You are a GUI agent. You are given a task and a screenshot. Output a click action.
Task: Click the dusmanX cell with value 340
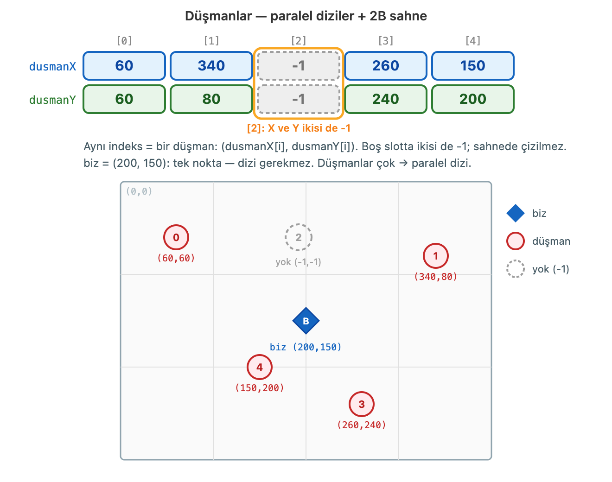tap(211, 66)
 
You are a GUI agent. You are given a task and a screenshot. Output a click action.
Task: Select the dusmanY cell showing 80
tap(211, 99)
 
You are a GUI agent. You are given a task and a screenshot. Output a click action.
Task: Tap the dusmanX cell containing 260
tap(386, 66)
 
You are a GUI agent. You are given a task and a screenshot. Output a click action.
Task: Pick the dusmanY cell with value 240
tap(386, 99)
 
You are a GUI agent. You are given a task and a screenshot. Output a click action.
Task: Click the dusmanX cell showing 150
tap(472, 66)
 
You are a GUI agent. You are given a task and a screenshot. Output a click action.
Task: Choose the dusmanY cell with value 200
tap(472, 99)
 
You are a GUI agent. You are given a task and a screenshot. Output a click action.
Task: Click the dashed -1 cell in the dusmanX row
tap(299, 66)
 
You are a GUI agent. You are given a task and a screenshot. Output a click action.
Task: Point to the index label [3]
tap(386, 41)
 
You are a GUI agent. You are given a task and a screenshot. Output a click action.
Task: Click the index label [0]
tap(124, 41)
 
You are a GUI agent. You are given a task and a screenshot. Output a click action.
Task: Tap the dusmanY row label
tap(52, 100)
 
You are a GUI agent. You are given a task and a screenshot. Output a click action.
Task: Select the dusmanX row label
tap(52, 67)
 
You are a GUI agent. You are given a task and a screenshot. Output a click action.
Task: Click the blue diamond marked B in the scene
tap(306, 321)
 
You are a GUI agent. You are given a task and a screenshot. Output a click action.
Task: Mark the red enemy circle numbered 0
tap(176, 237)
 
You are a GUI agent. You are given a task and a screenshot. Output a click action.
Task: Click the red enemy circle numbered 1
tap(436, 256)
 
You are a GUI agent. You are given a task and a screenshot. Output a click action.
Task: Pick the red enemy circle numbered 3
tap(362, 404)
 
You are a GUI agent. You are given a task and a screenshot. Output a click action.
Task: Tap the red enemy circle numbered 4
tap(259, 367)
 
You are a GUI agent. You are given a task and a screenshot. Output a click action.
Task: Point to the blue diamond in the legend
tap(515, 213)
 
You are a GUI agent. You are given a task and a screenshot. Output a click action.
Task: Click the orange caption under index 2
tap(299, 128)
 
